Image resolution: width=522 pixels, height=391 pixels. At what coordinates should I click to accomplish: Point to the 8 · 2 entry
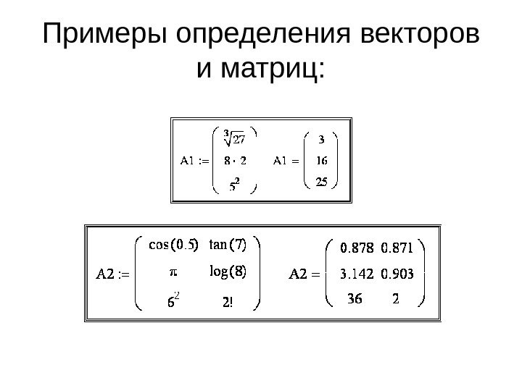pyautogui.click(x=233, y=161)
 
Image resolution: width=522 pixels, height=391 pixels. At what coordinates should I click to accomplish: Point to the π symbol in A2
pyautogui.click(x=173, y=273)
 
